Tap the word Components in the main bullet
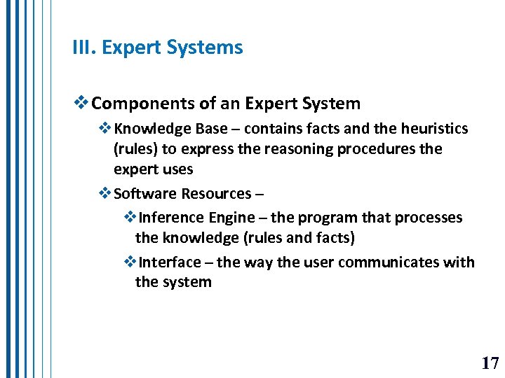pyautogui.click(x=144, y=104)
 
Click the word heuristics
pyautogui.click(x=434, y=129)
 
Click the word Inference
pyautogui.click(x=172, y=218)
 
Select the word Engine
pyautogui.click(x=232, y=218)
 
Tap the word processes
pyautogui.click(x=429, y=218)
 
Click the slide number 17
pyautogui.click(x=490, y=363)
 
